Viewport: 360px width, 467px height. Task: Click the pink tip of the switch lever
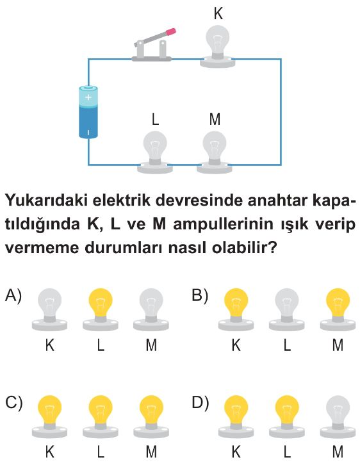pyautogui.click(x=171, y=31)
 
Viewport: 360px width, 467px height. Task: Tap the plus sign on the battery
pyautogui.click(x=88, y=97)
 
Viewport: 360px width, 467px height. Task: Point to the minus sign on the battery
pyautogui.click(x=88, y=132)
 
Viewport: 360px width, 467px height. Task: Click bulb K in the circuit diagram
pyautogui.click(x=218, y=47)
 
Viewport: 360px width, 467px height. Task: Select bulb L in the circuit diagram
pyautogui.click(x=155, y=152)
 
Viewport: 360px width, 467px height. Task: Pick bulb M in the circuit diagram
pyautogui.click(x=215, y=152)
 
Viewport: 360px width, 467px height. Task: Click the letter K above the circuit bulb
pyautogui.click(x=218, y=13)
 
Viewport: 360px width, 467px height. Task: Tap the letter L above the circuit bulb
pyautogui.click(x=155, y=119)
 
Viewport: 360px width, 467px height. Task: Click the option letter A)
pyautogui.click(x=13, y=296)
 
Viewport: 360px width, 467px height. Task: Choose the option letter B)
pyautogui.click(x=200, y=296)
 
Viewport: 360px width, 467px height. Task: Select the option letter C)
pyautogui.click(x=13, y=403)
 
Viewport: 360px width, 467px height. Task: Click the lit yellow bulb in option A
pyautogui.click(x=101, y=309)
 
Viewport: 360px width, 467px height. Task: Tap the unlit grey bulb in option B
pyautogui.click(x=287, y=309)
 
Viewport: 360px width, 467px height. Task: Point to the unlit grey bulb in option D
pyautogui.click(x=338, y=416)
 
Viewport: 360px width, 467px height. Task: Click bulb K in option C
pyautogui.click(x=50, y=416)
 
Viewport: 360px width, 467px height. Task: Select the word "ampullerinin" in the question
pyautogui.click(x=224, y=225)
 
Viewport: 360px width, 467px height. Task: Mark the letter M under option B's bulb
pyautogui.click(x=338, y=345)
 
